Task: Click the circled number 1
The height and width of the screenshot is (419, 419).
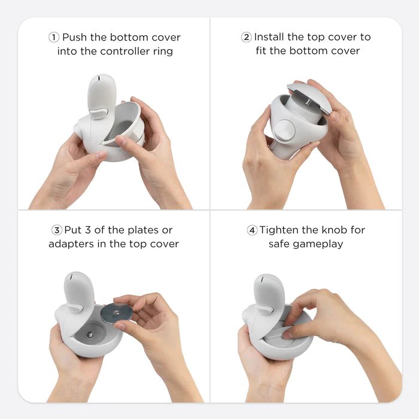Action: tap(54, 37)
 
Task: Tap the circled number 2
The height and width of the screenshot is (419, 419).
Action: tap(246, 37)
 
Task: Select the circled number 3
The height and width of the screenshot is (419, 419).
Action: tap(57, 230)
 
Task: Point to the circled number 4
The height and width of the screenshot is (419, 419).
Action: tap(252, 230)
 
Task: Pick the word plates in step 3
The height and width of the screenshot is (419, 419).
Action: tap(142, 230)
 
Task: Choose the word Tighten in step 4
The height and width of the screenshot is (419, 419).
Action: tap(281, 230)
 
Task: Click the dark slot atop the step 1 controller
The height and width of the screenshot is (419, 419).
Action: tap(96, 78)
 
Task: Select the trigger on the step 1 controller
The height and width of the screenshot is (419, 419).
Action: tap(98, 112)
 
